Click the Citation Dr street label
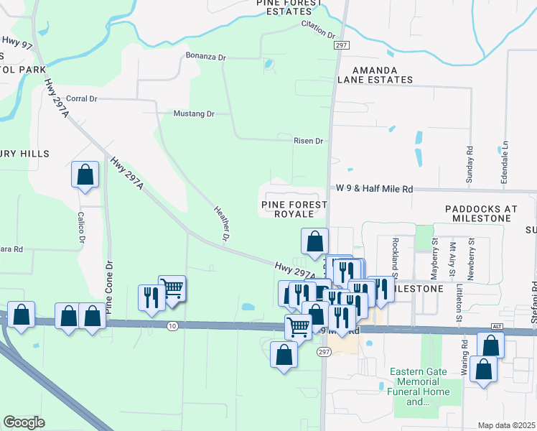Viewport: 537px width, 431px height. tap(319, 29)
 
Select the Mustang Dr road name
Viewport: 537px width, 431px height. tap(194, 113)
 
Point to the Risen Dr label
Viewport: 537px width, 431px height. tap(309, 141)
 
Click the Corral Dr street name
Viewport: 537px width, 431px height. tap(81, 98)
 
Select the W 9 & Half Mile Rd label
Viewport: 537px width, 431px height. tap(375, 189)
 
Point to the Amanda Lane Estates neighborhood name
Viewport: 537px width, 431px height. tap(373, 75)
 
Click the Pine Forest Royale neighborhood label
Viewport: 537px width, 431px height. tap(294, 209)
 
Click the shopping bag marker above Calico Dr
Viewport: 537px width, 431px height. tap(85, 175)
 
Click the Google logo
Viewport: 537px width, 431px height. tap(24, 422)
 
